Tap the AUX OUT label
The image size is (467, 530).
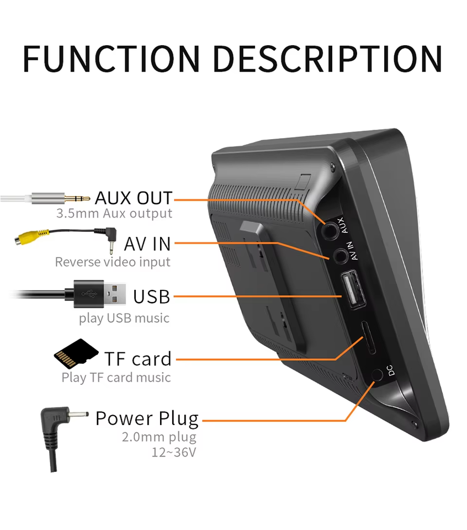click(133, 197)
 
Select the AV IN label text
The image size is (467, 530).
click(147, 243)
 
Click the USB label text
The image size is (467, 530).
click(151, 296)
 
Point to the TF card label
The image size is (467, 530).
click(138, 359)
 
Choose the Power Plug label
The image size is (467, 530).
click(147, 418)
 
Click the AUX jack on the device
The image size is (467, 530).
click(331, 227)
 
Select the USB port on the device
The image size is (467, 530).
click(352, 290)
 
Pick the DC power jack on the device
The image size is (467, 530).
click(378, 375)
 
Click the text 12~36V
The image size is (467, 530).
click(174, 452)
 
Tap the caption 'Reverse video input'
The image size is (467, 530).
click(113, 262)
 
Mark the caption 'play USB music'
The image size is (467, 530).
click(124, 318)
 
